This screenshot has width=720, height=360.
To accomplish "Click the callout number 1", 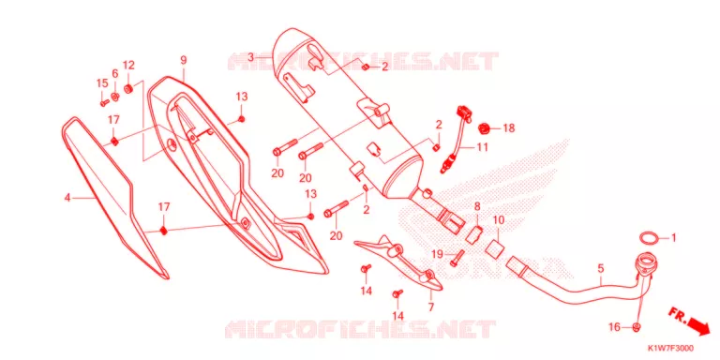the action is point(674,238).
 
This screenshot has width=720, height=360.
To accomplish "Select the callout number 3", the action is point(250,57).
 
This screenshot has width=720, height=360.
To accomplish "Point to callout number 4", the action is point(67,198).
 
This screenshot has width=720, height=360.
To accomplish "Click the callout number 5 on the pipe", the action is point(601,269).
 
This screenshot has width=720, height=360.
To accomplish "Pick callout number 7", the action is point(430,307).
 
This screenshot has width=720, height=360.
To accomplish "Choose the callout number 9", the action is point(183,60).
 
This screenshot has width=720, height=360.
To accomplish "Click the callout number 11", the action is point(482,147).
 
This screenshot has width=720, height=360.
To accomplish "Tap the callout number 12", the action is point(128,65).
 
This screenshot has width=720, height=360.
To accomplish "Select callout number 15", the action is point(102,83).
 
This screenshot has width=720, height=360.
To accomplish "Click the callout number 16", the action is point(614,327).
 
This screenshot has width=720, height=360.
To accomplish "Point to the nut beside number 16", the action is point(637,327).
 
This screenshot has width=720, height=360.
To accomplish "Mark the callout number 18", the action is point(509,128).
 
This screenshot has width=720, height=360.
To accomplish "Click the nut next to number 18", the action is point(483,128).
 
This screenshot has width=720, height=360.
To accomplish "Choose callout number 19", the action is point(436,253).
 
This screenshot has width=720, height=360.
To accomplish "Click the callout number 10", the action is point(498,220).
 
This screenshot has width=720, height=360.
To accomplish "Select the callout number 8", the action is point(477,206).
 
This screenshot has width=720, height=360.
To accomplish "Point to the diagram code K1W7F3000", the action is point(670,348).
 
